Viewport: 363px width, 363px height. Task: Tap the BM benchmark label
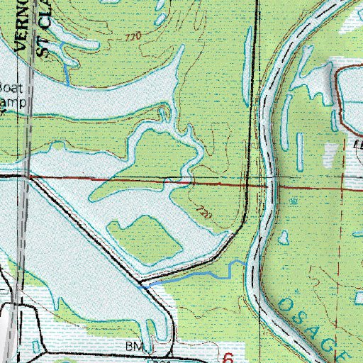(x=139, y=346)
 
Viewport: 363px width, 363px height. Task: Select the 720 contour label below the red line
(x=203, y=211)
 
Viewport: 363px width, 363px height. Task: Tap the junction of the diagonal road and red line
(x=35, y=177)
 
